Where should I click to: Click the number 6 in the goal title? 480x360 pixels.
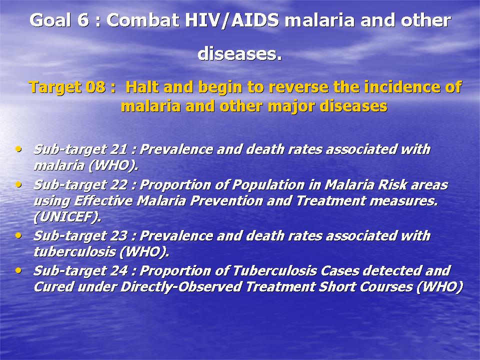[x=83, y=20]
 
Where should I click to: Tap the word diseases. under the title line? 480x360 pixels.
[x=239, y=53]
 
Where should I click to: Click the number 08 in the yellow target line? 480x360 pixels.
[x=95, y=87]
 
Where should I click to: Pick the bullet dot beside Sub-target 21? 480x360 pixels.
[x=18, y=149]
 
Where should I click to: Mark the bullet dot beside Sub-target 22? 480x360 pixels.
[x=18, y=185]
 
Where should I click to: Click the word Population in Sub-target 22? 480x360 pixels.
[x=268, y=185]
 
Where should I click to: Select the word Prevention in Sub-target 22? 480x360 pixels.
[x=226, y=201]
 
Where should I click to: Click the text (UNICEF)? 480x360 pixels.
[x=67, y=217]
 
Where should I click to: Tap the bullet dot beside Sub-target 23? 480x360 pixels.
[x=18, y=235]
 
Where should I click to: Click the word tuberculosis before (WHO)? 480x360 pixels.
[x=74, y=252]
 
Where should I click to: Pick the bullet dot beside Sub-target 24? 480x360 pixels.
[x=18, y=271]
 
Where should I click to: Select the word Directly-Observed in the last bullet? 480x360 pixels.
[x=181, y=287]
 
